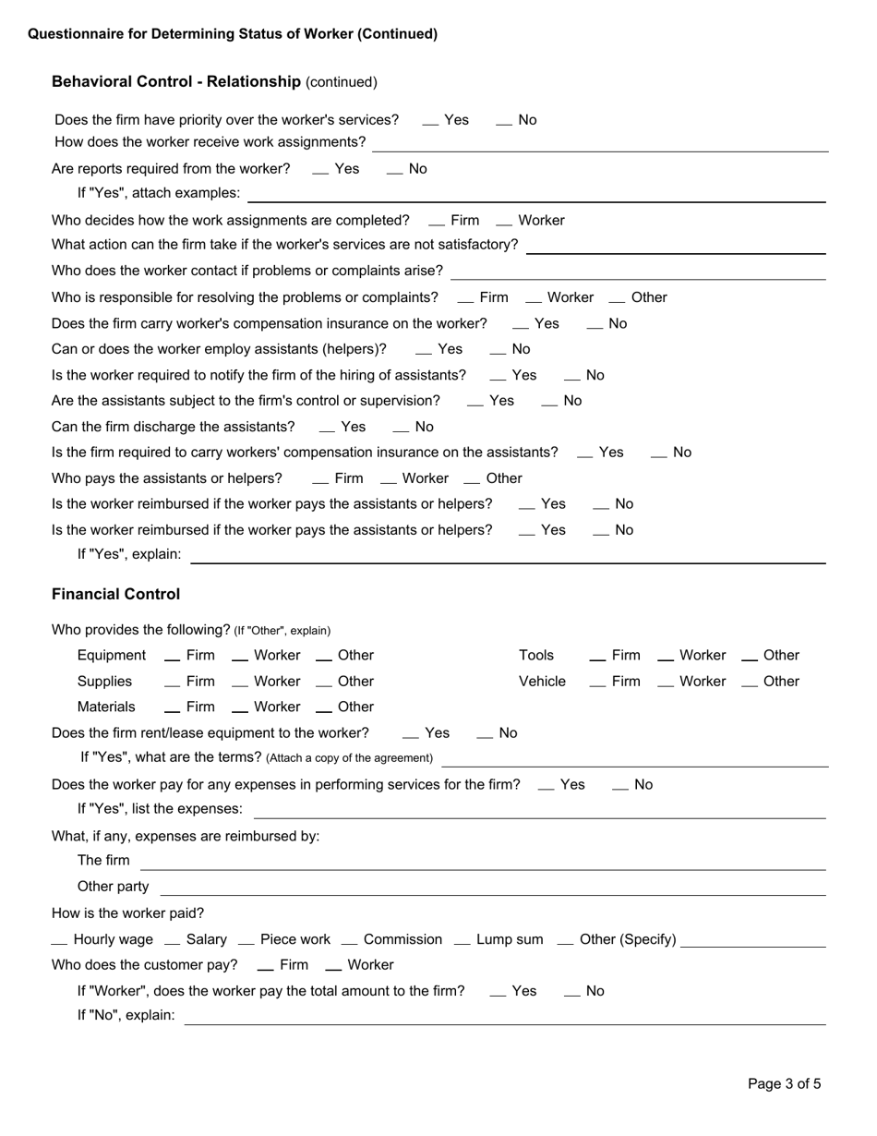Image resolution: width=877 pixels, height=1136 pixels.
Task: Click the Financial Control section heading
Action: (115, 594)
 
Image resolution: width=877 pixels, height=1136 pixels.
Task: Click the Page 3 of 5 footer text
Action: (784, 1083)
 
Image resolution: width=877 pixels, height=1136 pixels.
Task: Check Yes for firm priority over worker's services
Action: (430, 121)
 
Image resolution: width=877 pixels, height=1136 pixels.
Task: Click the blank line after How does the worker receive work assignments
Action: (600, 143)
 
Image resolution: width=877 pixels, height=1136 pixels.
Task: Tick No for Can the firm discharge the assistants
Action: (402, 428)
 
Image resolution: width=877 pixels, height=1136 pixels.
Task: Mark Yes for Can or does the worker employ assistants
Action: (424, 350)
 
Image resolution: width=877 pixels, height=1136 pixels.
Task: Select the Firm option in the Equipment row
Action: (173, 657)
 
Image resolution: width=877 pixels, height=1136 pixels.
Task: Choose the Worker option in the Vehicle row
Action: (666, 683)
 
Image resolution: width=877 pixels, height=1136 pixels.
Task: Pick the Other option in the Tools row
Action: (750, 657)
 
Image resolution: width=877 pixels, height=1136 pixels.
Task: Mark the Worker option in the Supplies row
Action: (240, 683)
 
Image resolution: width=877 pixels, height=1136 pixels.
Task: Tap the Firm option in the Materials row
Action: (173, 708)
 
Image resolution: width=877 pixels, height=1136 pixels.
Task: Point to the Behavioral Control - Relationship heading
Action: (176, 82)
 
